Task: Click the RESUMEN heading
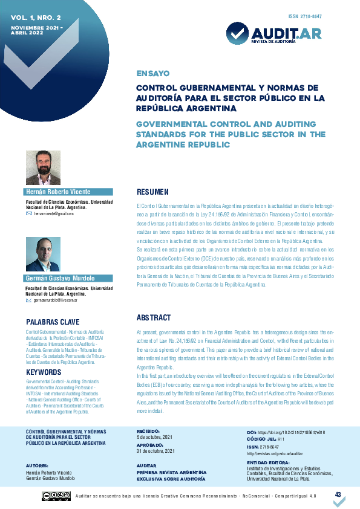pos(152,192)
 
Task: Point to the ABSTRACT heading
pos(154,317)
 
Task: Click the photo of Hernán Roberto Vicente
pos(43,168)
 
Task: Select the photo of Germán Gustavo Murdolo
pos(43,254)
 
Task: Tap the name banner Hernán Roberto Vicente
pos(61,192)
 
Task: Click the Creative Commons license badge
pos(56,496)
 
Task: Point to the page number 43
pos(338,494)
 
